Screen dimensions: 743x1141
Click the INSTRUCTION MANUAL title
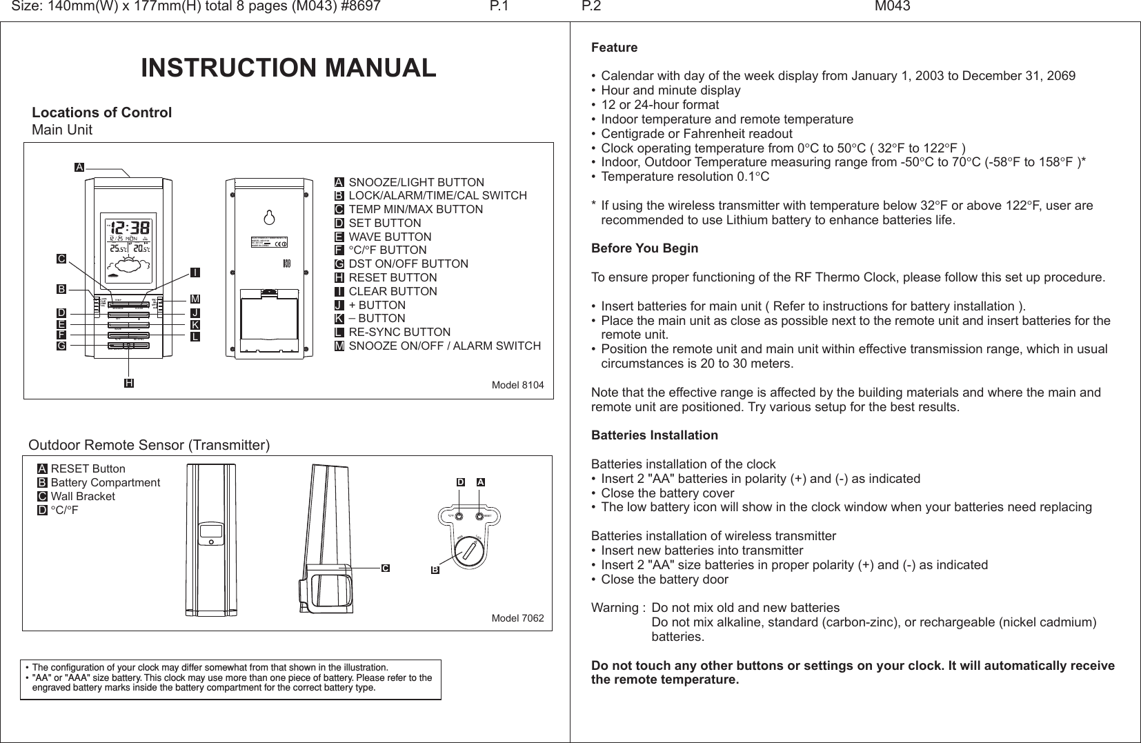(288, 68)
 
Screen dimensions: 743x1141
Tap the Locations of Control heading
(102, 112)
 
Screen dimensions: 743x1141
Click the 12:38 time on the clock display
(130, 228)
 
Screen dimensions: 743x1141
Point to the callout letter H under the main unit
(129, 382)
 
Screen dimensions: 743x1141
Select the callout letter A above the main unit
(80, 168)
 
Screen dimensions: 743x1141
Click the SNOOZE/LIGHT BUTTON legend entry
(416, 183)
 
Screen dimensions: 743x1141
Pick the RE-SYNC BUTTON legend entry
(399, 332)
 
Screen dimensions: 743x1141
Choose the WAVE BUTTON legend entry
(390, 237)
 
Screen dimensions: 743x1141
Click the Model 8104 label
(517, 384)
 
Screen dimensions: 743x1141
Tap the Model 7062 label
(517, 617)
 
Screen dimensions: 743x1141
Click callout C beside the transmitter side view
(386, 568)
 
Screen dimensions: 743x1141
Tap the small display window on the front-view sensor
(211, 532)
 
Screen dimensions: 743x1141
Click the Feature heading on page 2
(615, 48)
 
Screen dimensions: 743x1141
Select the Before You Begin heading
(644, 248)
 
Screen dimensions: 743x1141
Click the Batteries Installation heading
(654, 435)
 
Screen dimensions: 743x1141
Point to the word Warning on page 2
(615, 608)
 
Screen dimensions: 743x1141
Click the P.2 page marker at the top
(591, 7)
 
